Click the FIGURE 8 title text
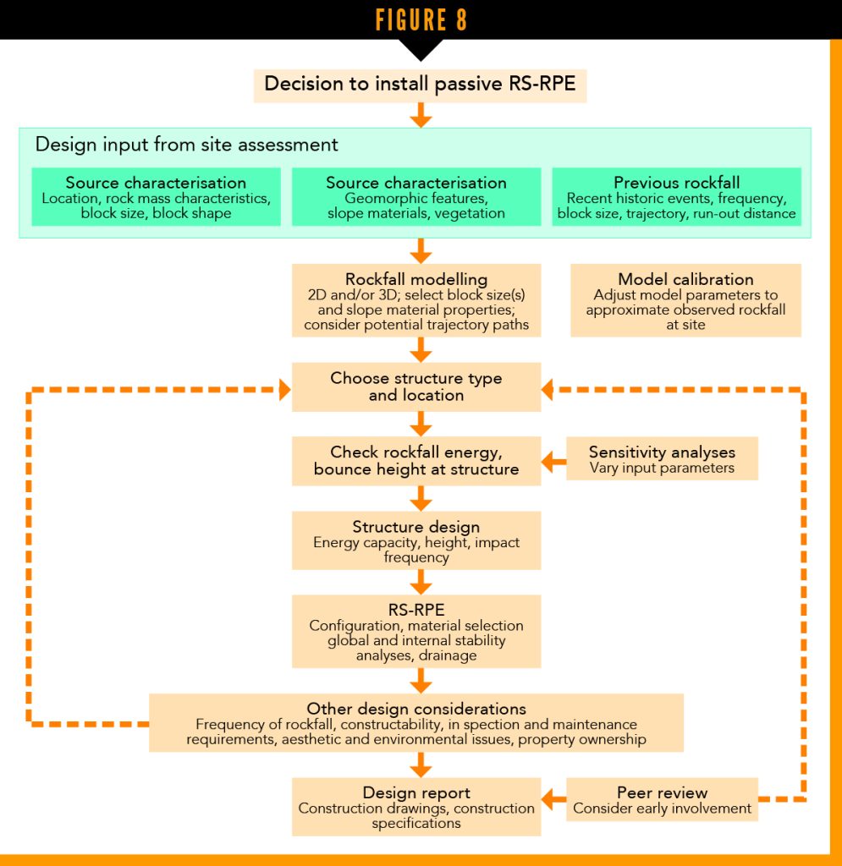[421, 20]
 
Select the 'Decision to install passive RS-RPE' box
[421, 85]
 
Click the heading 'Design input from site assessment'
[186, 145]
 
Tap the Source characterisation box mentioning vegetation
[415, 197]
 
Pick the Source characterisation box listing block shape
[156, 197]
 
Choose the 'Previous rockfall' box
[676, 197]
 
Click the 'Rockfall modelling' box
[415, 300]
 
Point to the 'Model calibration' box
[685, 300]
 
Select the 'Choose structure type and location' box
[415, 387]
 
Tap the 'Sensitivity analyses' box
[662, 459]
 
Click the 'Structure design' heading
[415, 527]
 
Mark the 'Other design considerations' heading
[415, 709]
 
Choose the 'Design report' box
[415, 807]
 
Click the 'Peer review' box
[662, 799]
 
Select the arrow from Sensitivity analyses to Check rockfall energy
[553, 462]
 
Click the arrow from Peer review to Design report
[553, 797]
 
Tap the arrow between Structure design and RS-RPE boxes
[421, 582]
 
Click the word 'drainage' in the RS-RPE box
[452, 655]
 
